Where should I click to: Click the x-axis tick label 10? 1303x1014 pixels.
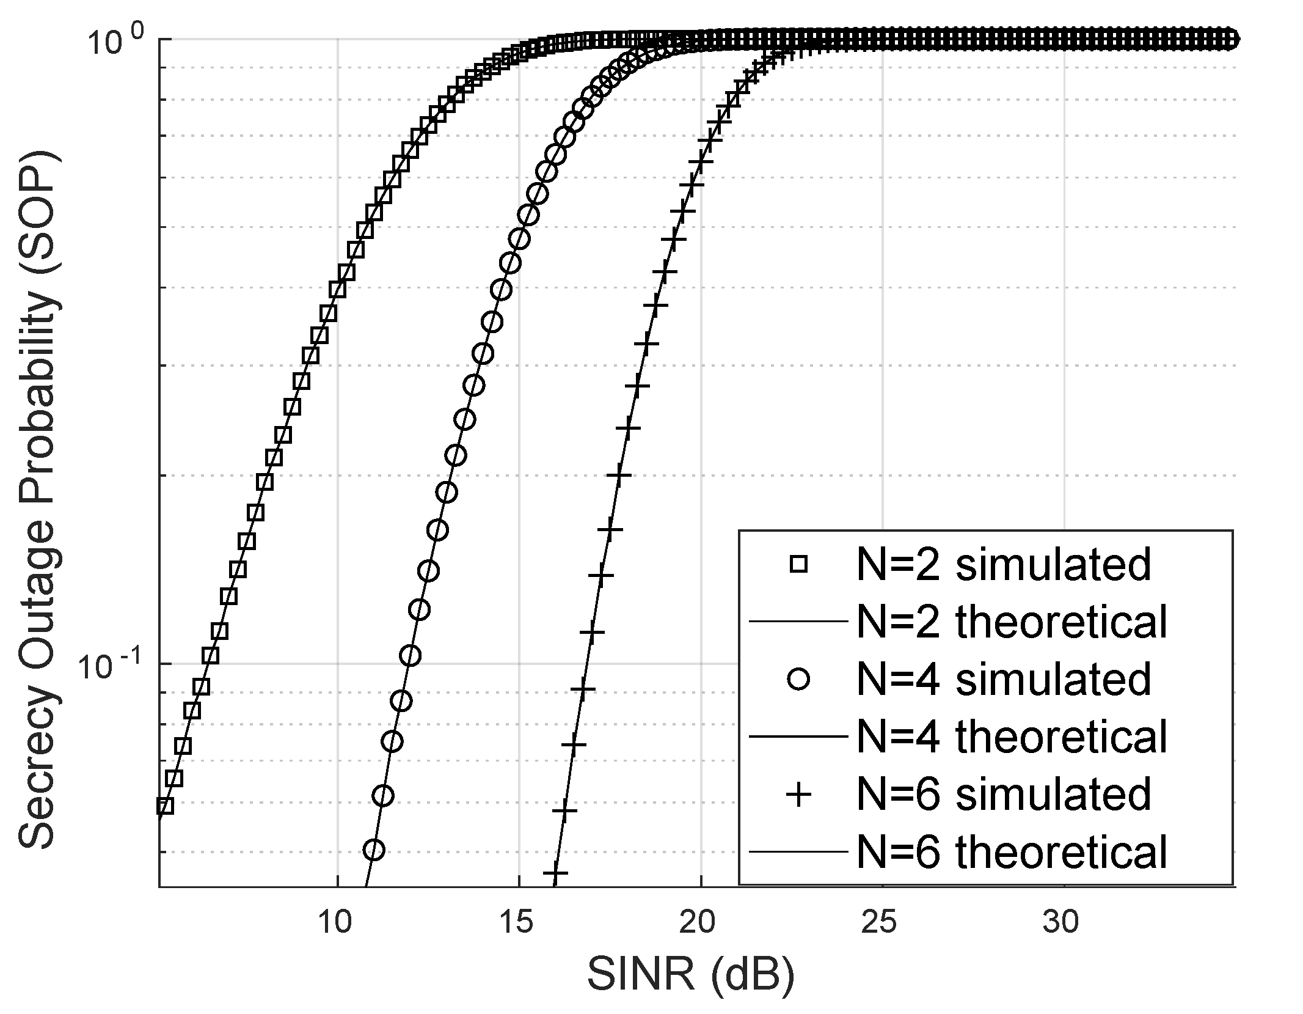335,922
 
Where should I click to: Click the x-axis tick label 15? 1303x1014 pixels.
517,922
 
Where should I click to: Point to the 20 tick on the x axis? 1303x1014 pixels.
698,922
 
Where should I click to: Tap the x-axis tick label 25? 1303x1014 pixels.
880,922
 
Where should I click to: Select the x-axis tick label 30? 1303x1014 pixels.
1061,922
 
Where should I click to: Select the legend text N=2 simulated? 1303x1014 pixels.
1004,565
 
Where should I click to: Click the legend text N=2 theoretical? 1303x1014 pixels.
1012,622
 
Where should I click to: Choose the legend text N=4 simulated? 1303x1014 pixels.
1004,680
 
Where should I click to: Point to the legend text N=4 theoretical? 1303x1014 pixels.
1012,737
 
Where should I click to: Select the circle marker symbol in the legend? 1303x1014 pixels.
798,680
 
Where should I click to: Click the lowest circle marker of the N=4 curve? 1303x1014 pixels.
374,850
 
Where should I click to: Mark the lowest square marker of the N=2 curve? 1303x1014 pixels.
165,806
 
